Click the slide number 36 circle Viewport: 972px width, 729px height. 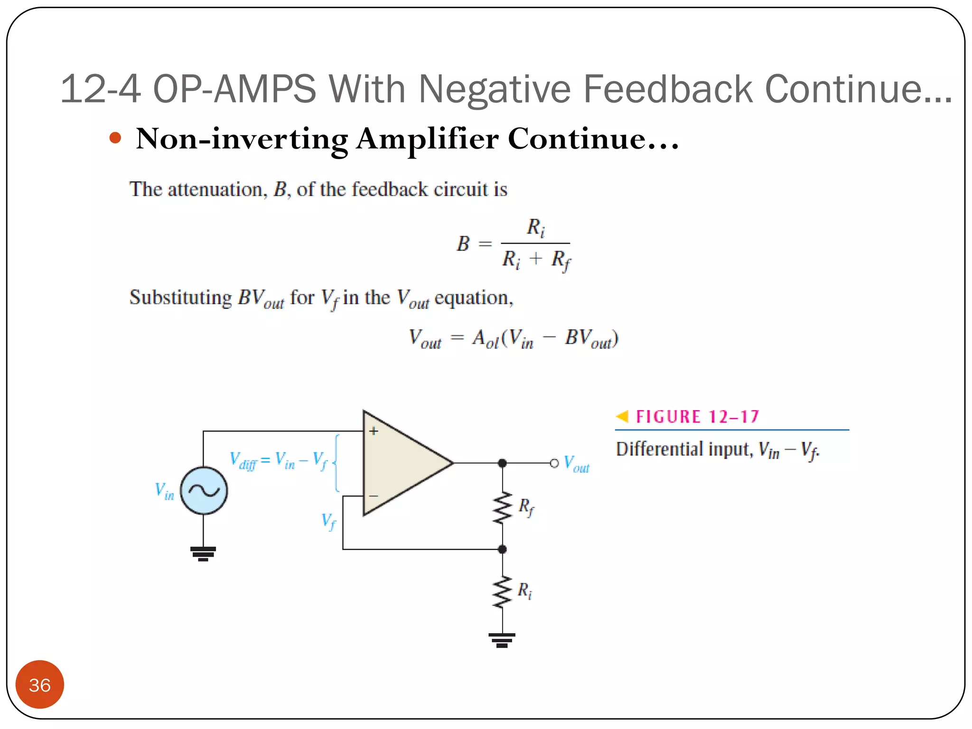(39, 684)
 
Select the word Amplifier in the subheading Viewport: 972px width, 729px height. (427, 139)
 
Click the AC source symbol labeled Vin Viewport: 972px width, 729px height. (204, 491)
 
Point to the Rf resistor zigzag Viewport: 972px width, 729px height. (502, 508)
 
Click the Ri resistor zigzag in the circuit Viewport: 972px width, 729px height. (502, 592)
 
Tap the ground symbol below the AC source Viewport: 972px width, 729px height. (203, 553)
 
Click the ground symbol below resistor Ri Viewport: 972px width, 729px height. (502, 640)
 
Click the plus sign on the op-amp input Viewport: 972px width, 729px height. (374, 431)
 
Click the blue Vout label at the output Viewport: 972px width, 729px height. (576, 464)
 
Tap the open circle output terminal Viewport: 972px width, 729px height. (554, 463)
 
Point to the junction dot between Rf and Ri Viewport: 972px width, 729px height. (502, 549)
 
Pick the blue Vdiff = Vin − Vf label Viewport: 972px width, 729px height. (279, 460)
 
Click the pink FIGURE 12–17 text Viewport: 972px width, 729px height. (697, 417)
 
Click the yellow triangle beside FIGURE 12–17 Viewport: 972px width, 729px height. (622, 416)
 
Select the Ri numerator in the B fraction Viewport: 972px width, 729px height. (535, 227)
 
